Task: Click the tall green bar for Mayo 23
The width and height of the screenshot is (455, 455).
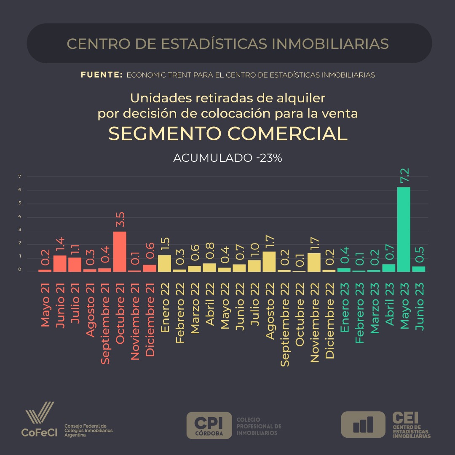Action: tap(404, 230)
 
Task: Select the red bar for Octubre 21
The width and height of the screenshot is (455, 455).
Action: tap(120, 252)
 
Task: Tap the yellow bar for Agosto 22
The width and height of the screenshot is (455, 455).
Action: tap(269, 262)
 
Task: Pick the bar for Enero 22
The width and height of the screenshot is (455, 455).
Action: tap(164, 263)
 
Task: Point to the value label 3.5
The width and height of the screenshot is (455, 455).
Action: tap(120, 220)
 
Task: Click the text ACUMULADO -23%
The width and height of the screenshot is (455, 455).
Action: tap(227, 158)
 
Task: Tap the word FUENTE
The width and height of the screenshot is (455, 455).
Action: tap(101, 75)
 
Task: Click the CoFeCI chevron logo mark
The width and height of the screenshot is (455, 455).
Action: tap(40, 413)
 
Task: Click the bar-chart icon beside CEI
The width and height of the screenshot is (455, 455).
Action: tap(363, 425)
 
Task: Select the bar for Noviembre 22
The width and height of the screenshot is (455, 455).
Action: tap(314, 262)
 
